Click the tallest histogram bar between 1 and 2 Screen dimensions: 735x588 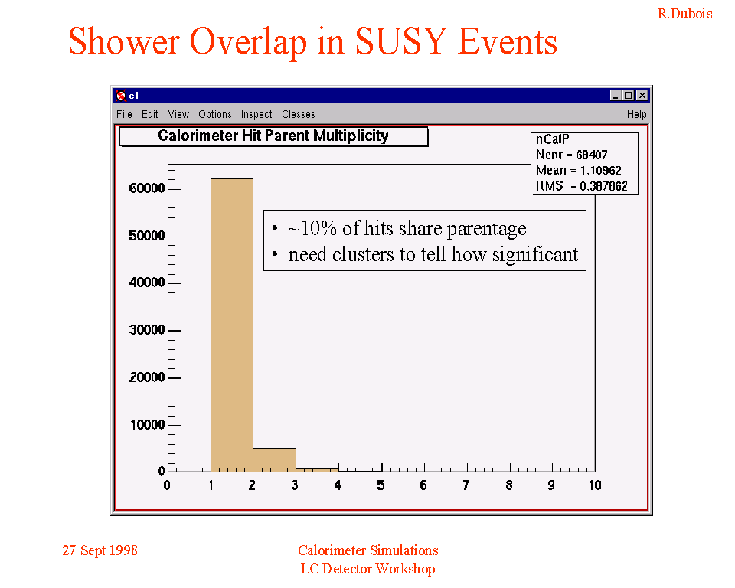pos(231,325)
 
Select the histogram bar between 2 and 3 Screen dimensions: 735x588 pos(274,460)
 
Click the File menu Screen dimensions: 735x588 pos(124,114)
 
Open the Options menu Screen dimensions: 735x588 pos(214,114)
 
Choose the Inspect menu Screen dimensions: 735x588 pos(256,114)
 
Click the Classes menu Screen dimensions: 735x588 pos(298,114)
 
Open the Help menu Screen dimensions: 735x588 pos(636,114)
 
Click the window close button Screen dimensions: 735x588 pos(642,95)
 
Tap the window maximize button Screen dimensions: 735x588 pos(629,95)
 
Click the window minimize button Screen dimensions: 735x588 pos(616,95)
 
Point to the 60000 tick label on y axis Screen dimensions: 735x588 pos(147,188)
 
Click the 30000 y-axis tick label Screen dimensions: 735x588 pos(147,330)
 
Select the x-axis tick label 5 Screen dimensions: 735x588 pos(381,485)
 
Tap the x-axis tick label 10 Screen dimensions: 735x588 pos(595,485)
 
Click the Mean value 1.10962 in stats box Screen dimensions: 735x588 pos(600,171)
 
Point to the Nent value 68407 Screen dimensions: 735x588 pos(592,155)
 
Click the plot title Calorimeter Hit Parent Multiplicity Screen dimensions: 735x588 pos(273,136)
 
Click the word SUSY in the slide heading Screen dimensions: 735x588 pos(400,41)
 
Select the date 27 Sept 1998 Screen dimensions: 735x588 pos(100,550)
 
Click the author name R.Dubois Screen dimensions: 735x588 pos(684,14)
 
